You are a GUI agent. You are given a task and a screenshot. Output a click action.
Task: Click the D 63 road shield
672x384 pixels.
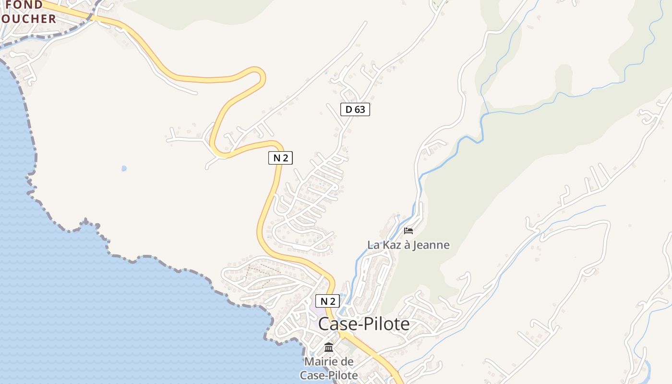[x=355, y=109]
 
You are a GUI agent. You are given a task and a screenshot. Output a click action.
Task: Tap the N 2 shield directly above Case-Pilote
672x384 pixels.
[x=327, y=301]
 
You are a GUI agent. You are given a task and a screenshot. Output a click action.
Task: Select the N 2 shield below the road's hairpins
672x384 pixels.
[x=280, y=157]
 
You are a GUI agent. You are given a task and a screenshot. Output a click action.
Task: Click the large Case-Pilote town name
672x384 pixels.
[x=364, y=324]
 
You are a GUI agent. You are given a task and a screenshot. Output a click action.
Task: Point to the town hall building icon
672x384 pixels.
[x=329, y=347]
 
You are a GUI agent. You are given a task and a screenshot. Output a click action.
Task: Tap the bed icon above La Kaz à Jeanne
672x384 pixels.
[x=408, y=231]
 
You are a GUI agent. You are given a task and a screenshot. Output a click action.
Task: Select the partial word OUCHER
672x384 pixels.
[x=29, y=19]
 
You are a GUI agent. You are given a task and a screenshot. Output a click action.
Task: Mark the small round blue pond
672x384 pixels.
[x=124, y=168]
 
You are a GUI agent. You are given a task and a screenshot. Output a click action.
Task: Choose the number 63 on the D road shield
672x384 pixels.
[x=360, y=109]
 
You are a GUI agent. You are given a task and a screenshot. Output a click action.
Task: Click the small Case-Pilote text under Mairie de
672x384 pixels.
[x=329, y=375]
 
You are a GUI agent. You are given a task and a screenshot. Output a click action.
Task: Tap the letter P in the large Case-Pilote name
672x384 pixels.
[x=370, y=324]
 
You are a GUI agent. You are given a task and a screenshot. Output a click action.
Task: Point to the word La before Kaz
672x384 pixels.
[x=373, y=245]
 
